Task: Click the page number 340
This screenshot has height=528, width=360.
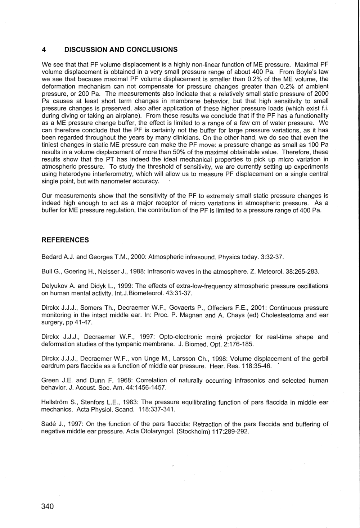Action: pos(48,506)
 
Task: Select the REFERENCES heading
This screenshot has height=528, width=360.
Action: pos(65,240)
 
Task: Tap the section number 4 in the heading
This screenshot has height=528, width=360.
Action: pos(44,49)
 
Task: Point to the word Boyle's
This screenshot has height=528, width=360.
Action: pos(306,72)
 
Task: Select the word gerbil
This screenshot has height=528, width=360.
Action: pos(320,359)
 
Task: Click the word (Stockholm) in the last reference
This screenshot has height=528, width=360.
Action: pos(196,432)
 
